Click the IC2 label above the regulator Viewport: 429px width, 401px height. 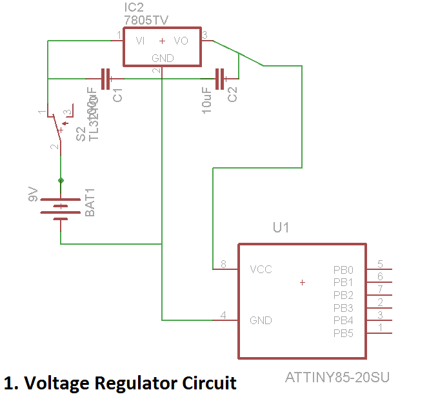pos(134,8)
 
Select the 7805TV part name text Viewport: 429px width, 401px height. pos(146,20)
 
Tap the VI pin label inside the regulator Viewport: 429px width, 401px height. pos(140,41)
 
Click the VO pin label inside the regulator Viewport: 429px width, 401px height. pos(181,41)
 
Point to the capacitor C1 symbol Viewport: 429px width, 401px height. pos(106,79)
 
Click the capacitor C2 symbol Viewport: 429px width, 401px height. pos(221,79)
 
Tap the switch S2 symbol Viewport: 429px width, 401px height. pos(57,129)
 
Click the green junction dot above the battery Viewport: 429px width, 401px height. pos(61,180)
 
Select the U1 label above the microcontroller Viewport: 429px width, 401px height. pos(281,228)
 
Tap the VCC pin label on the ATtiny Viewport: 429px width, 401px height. pos(261,269)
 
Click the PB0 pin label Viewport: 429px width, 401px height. pos(343,269)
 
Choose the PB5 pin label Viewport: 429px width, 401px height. pos(343,333)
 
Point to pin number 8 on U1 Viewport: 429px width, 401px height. pos(223,264)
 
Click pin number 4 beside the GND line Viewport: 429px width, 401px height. pos(223,315)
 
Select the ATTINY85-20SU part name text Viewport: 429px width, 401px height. pos(337,376)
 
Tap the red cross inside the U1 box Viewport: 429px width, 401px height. pos(303,282)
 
